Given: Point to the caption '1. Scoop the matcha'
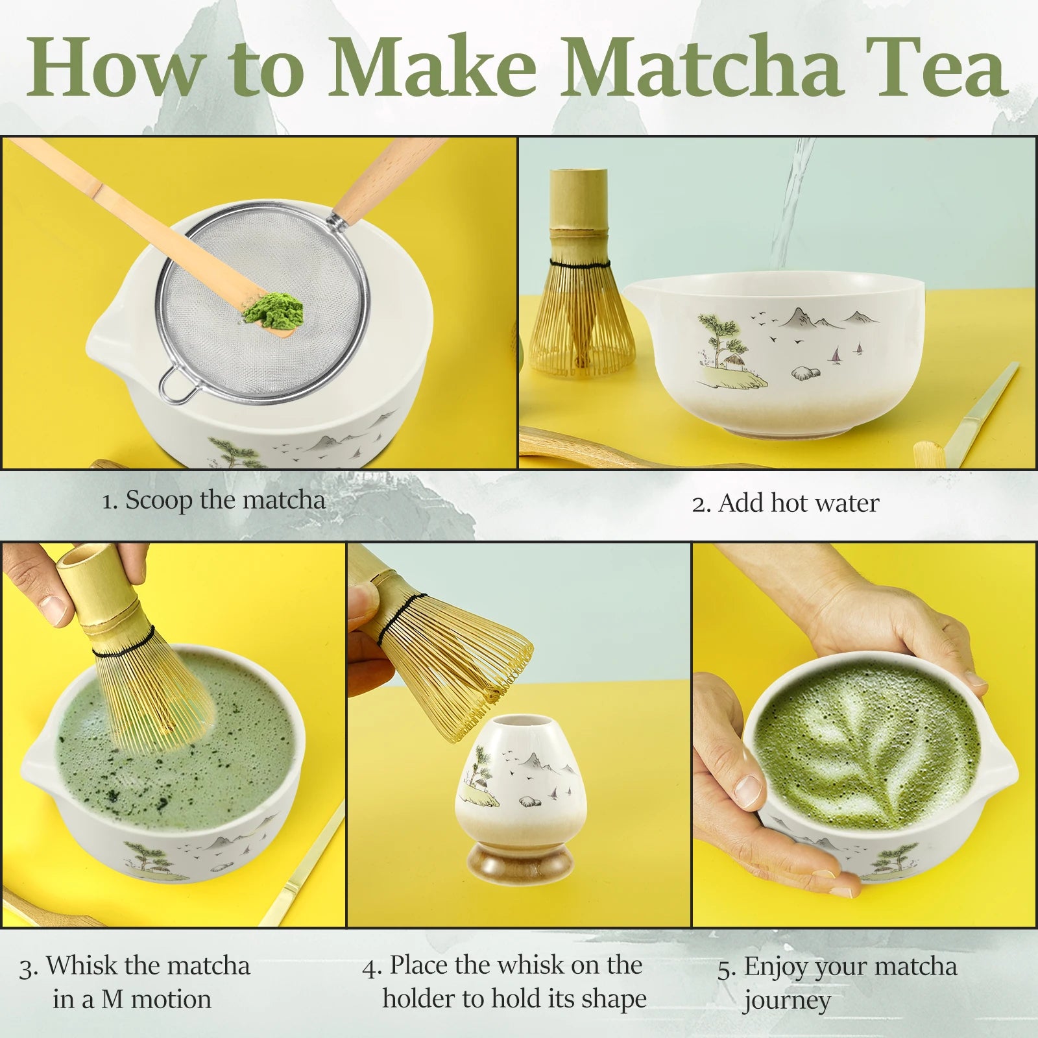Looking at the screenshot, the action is pos(213,500).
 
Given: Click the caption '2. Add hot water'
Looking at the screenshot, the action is pos(786,503).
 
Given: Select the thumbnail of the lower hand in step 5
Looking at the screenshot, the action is pos(749,788).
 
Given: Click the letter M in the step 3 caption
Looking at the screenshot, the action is pos(112,999).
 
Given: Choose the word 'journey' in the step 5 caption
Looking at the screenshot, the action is pos(787,1001).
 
